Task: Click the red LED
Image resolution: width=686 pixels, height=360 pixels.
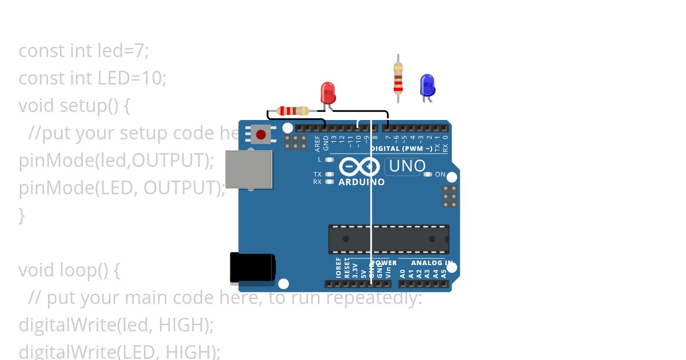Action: click(328, 93)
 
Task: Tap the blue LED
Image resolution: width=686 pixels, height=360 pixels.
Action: click(427, 85)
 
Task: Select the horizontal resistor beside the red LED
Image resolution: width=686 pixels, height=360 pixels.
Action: click(292, 111)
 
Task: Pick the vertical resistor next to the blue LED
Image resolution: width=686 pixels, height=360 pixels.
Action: click(398, 78)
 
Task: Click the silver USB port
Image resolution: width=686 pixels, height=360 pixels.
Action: click(249, 169)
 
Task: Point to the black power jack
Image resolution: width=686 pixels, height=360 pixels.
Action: click(252, 267)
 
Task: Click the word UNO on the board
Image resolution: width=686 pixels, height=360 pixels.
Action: click(406, 166)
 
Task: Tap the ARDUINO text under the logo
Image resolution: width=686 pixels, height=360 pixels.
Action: click(361, 182)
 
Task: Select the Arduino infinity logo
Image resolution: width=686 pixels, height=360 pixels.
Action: click(359, 166)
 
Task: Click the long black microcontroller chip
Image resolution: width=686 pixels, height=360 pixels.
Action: click(388, 239)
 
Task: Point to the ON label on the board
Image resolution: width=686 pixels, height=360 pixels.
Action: click(440, 174)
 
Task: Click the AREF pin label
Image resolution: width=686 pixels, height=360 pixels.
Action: click(318, 143)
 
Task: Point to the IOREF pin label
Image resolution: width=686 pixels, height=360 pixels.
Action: click(338, 267)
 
